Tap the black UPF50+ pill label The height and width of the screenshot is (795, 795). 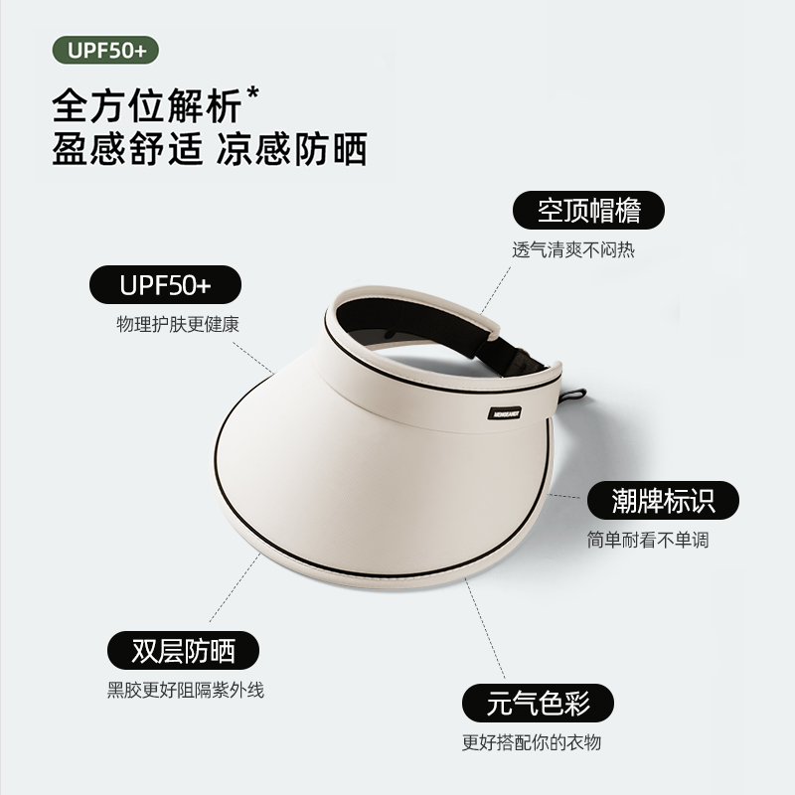click(165, 286)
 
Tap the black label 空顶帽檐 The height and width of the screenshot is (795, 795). click(588, 211)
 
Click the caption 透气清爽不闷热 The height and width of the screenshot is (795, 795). click(572, 250)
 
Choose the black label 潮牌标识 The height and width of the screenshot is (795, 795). click(663, 501)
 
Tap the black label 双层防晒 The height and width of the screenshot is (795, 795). click(183, 651)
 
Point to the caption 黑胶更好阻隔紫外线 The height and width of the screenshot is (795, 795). click(186, 690)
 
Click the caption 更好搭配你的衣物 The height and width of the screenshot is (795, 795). click(532, 742)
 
